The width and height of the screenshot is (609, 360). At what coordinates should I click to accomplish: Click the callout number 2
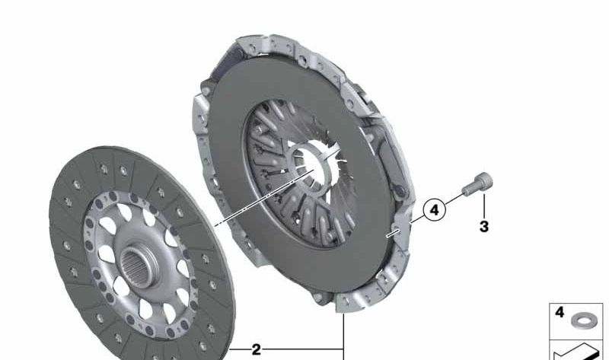tap(257, 350)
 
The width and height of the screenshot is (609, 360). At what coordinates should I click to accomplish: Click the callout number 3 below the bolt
tap(484, 226)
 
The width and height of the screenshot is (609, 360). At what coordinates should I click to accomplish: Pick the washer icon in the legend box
tap(584, 317)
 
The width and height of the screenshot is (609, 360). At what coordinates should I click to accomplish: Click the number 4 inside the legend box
tap(560, 313)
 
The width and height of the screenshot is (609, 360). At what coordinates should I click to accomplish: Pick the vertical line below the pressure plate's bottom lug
tap(344, 335)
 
